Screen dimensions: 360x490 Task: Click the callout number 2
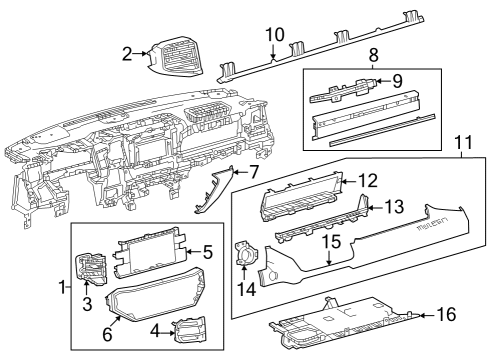click(127, 54)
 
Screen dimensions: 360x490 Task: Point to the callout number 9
click(397, 82)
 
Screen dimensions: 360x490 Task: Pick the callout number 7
click(255, 172)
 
